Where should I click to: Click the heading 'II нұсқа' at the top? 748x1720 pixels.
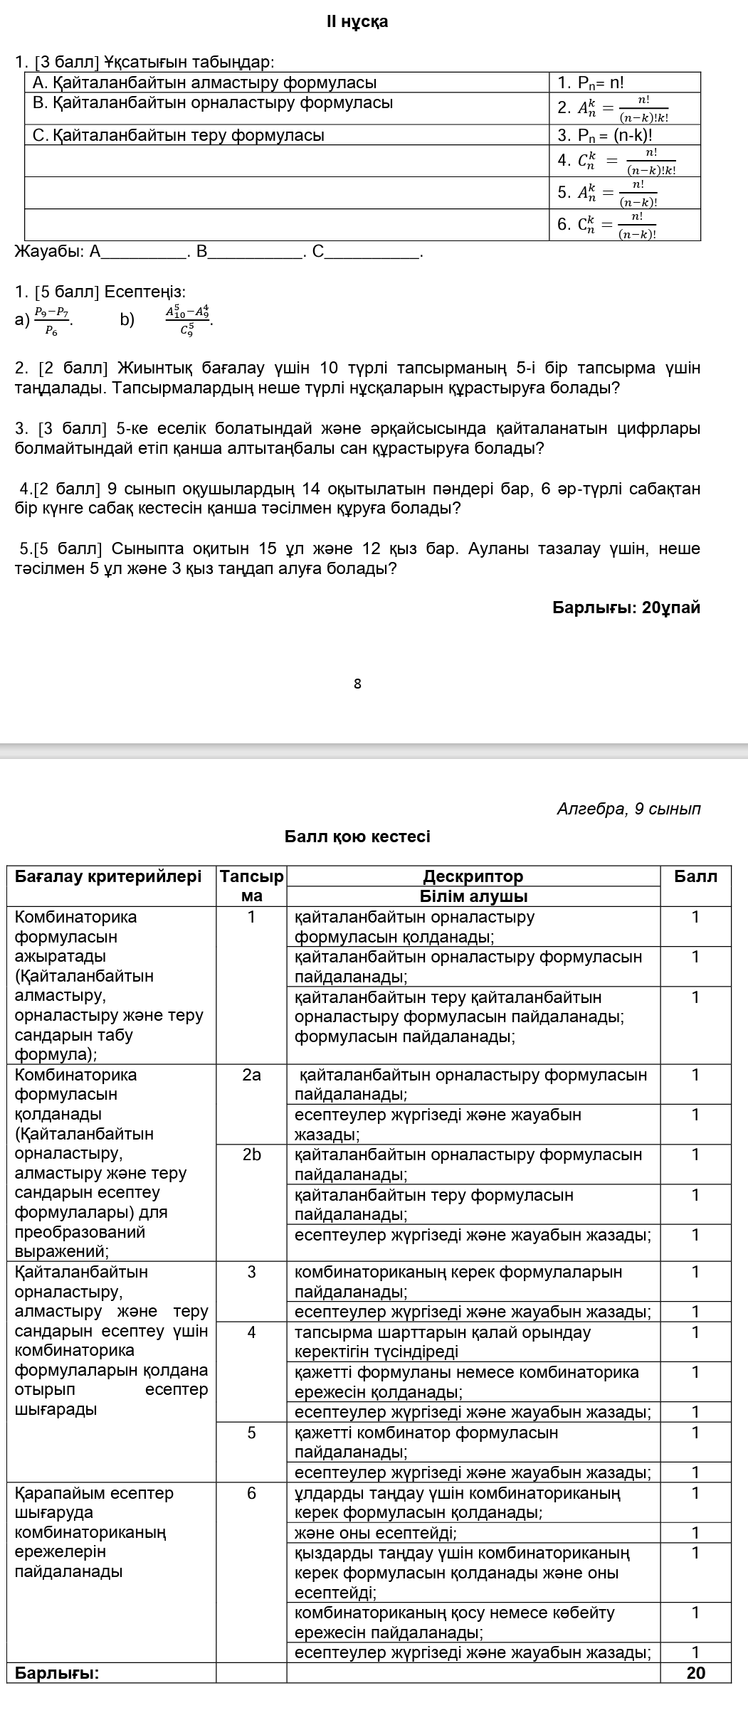[357, 22]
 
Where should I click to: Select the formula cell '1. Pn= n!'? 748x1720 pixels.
[590, 83]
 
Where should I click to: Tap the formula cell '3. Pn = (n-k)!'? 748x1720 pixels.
[605, 135]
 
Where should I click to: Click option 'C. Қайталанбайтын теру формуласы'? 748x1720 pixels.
[179, 135]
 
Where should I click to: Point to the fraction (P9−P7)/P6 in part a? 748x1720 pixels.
[52, 319]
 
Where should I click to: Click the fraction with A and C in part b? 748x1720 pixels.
[188, 319]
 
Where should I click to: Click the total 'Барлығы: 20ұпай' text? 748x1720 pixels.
[626, 607]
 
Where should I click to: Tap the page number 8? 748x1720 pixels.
[357, 684]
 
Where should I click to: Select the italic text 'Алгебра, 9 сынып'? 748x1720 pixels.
[629, 809]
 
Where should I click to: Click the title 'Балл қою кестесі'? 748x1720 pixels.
[357, 837]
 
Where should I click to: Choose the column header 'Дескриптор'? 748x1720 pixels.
[473, 876]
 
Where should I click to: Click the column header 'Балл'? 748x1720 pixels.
[695, 876]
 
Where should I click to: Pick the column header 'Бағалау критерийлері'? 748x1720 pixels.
[108, 876]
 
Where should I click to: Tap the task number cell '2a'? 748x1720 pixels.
[251, 1075]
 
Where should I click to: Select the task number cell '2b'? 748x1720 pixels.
[251, 1154]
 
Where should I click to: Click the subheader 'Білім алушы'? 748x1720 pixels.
[473, 896]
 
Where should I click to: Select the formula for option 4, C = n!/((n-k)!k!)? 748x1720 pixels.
[616, 161]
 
